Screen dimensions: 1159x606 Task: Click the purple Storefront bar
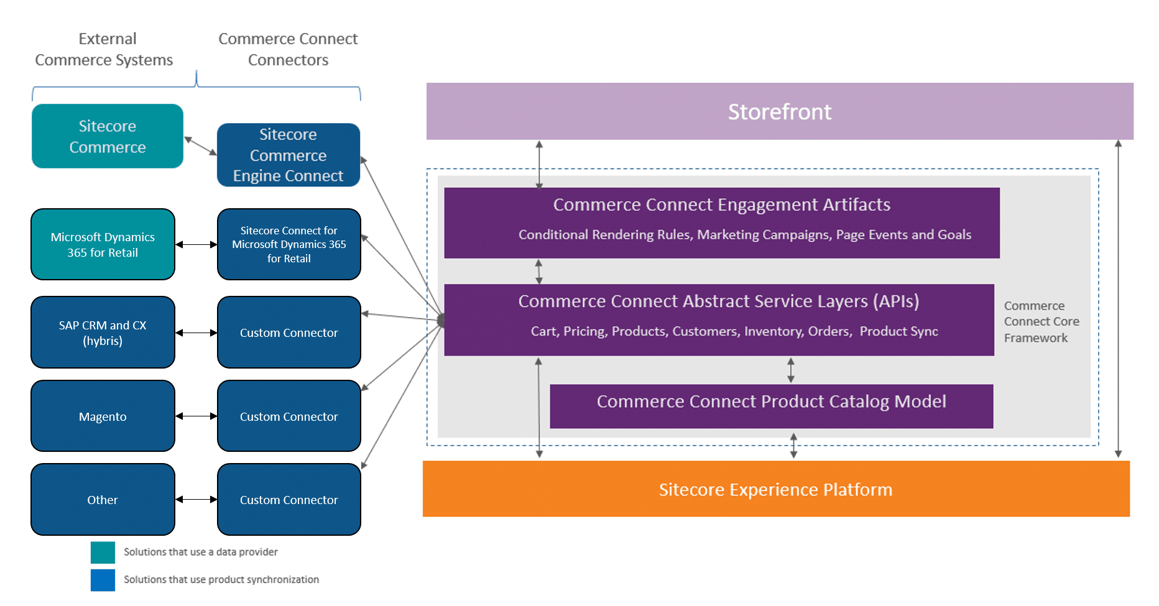tap(780, 111)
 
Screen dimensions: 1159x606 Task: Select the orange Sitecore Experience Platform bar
tap(776, 489)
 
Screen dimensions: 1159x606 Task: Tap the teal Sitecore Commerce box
tap(108, 136)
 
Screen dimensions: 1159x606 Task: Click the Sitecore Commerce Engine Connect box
tap(289, 155)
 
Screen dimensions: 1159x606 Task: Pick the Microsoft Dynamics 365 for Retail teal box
tap(103, 244)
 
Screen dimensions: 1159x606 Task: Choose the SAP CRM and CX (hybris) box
tap(103, 333)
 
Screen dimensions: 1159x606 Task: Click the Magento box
tap(103, 416)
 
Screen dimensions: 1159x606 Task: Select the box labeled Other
tap(103, 499)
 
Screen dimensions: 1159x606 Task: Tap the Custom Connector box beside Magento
tap(289, 416)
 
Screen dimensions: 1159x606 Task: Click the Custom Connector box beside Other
tap(289, 499)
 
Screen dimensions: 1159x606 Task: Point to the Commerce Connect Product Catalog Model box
tap(772, 406)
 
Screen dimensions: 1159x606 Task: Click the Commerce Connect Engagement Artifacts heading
tap(722, 204)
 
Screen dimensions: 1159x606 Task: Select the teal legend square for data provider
tap(103, 552)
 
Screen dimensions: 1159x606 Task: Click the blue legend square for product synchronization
tap(103, 580)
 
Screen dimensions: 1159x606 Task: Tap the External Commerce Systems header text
tap(104, 49)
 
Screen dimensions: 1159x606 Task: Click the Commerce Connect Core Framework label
tap(1041, 321)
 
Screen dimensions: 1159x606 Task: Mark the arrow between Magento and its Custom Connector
tap(196, 416)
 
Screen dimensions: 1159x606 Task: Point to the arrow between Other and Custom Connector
tap(196, 499)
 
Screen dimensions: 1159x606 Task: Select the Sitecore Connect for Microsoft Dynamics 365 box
tap(289, 244)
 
